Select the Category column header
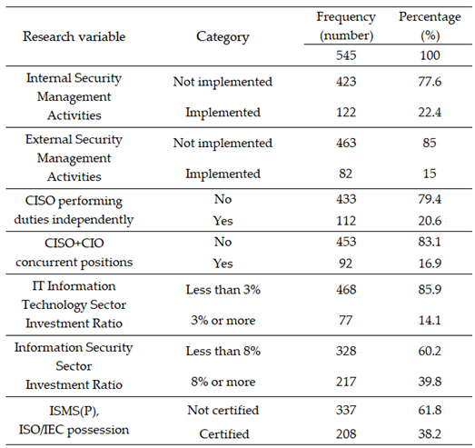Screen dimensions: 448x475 coord(223,37)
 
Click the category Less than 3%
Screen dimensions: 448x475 coord(223,290)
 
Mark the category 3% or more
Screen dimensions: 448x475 coord(223,320)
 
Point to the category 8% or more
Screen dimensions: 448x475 coord(223,382)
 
